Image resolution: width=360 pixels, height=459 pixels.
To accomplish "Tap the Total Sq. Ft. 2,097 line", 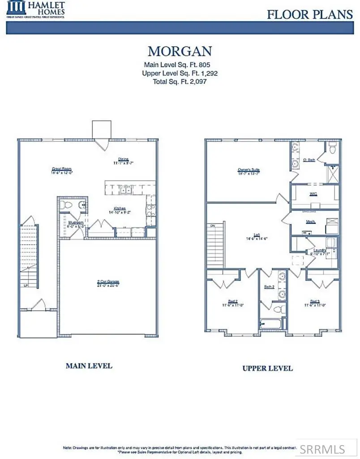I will click(x=180, y=82).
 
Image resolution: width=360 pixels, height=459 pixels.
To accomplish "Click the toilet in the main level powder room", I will click(x=67, y=205).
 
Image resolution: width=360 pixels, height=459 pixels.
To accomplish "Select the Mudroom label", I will click(x=76, y=222).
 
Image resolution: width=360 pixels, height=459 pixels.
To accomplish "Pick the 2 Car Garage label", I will click(x=108, y=282).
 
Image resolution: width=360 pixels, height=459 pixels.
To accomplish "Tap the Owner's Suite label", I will click(x=249, y=170).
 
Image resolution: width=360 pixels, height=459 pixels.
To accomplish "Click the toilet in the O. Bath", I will click(x=332, y=149).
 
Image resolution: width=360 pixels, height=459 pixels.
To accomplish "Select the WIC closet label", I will click(x=313, y=194).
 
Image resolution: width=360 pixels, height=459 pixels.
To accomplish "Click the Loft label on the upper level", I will click(x=257, y=235).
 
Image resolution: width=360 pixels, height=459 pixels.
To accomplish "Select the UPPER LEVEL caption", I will click(x=267, y=368).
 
